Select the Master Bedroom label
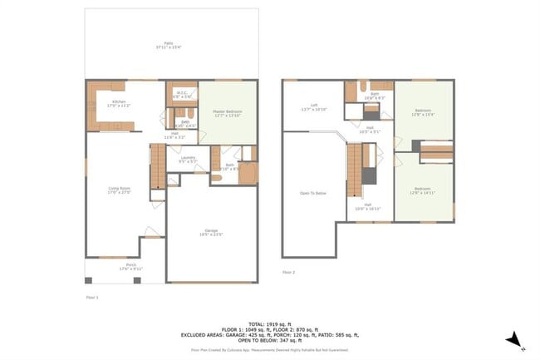(x=227, y=112)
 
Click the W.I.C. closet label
(x=182, y=95)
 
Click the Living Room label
(x=120, y=190)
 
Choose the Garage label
(x=211, y=233)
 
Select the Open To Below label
(x=313, y=193)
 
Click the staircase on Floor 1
(x=157, y=166)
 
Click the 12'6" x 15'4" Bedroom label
(x=423, y=112)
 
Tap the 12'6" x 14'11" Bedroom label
(x=423, y=191)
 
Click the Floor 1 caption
(x=91, y=296)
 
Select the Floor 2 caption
(x=288, y=272)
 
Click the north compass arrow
(x=516, y=339)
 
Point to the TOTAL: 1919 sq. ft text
(x=270, y=322)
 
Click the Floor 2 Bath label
(x=374, y=96)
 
